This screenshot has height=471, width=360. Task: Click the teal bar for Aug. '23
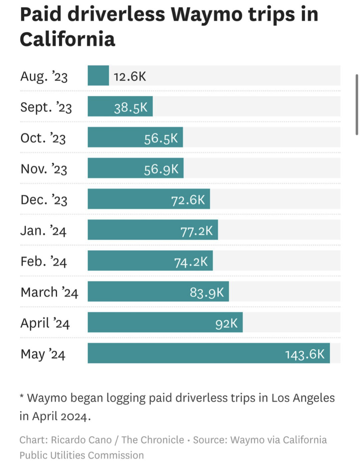(98, 75)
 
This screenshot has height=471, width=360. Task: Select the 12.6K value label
(130, 76)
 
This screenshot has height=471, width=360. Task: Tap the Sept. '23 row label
(46, 107)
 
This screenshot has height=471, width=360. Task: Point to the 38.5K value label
(130, 107)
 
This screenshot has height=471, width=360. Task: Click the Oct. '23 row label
(43, 138)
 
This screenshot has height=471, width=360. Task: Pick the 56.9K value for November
(161, 169)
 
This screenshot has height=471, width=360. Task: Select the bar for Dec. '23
(148, 199)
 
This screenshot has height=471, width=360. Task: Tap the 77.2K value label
(197, 231)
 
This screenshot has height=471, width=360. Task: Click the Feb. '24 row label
(44, 262)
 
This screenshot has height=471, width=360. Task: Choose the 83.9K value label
(207, 293)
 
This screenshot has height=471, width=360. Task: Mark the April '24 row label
(45, 323)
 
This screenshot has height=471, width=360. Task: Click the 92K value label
(227, 323)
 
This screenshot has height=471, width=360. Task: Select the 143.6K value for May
(305, 354)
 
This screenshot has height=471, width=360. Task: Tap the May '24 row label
(43, 354)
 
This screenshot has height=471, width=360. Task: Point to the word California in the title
(67, 39)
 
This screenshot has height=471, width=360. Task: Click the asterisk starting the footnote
(22, 396)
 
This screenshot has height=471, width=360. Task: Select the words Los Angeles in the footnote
(303, 398)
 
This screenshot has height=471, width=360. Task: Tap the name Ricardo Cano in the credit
(81, 440)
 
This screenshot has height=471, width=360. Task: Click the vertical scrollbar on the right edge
(357, 104)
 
